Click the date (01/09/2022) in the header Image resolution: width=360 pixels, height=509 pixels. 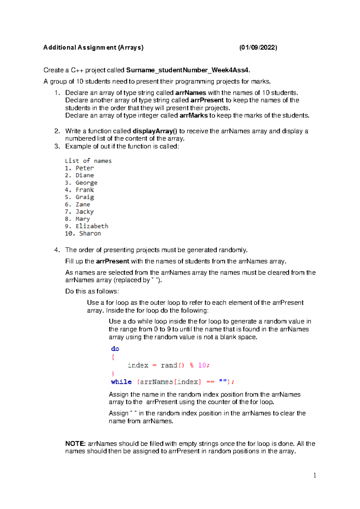coord(258,47)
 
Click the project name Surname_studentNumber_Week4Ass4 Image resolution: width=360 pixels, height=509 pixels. coord(188,70)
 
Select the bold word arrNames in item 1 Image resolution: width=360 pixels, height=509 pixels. coord(190,93)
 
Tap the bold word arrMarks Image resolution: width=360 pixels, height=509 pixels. coord(193,116)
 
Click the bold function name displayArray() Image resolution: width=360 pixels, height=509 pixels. coord(155,131)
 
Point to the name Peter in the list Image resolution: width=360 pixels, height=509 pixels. coord(85,168)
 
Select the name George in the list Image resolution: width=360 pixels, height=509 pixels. coord(86,183)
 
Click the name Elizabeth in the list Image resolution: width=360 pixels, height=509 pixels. coord(92,226)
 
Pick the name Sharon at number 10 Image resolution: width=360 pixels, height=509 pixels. coord(90,233)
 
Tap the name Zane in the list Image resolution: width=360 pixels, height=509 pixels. coord(83,205)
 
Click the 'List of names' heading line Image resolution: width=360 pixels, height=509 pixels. coord(88,161)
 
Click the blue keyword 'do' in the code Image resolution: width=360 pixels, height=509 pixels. coord(115,349)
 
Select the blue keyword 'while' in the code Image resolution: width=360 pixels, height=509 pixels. coord(121,382)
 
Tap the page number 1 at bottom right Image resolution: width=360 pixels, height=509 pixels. coord(314,475)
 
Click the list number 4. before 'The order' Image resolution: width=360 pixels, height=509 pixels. coord(57,250)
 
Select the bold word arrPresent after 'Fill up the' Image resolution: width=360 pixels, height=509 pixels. coord(112,261)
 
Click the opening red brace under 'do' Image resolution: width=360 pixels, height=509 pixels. coord(113,357)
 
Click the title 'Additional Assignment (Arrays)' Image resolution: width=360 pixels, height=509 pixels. coord(93,47)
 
